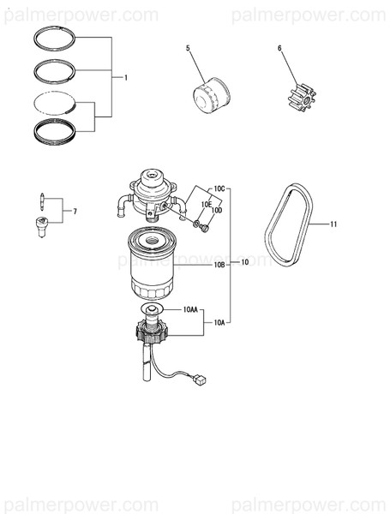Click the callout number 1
pyautogui.click(x=126, y=77)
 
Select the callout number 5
pyautogui.click(x=188, y=48)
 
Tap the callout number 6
pyautogui.click(x=279, y=48)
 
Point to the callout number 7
pyautogui.click(x=75, y=211)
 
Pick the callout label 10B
pyautogui.click(x=219, y=266)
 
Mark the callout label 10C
pyautogui.click(x=219, y=188)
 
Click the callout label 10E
pyautogui.click(x=206, y=204)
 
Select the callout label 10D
pyautogui.click(x=217, y=210)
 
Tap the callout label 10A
pyautogui.click(x=219, y=323)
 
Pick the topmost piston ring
pyautogui.click(x=59, y=37)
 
